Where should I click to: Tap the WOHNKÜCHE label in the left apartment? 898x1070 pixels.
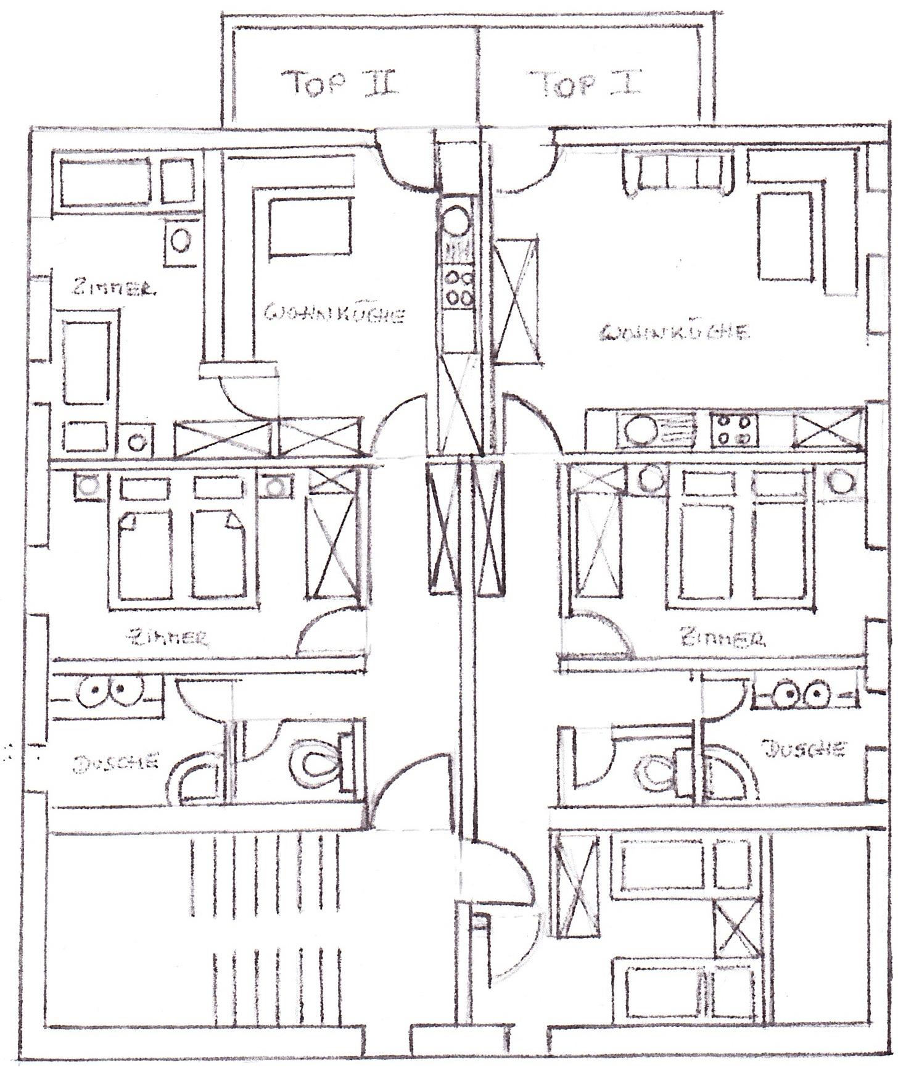334,314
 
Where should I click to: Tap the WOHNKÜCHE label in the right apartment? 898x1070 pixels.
674,332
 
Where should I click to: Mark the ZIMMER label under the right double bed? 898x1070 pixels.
723,637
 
